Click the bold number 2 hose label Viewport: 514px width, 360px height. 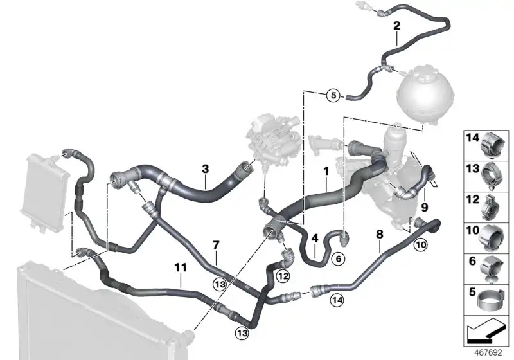tap(396, 26)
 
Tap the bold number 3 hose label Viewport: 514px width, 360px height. tap(205, 169)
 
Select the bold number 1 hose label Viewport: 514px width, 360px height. tap(326, 171)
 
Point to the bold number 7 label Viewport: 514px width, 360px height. tap(216, 245)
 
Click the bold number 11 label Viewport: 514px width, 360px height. tap(181, 267)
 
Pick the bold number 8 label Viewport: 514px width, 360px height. tap(380, 235)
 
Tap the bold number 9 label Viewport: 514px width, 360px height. tap(425, 207)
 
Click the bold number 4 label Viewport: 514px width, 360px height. tap(315, 239)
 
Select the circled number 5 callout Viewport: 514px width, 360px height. tap(333, 95)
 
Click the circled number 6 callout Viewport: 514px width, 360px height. tap(339, 259)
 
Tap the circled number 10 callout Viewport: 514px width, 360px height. tap(421, 244)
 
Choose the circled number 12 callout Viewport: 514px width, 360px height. tap(283, 276)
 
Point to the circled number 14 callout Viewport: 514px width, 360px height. tap(337, 300)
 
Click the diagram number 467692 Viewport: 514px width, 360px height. tap(488, 353)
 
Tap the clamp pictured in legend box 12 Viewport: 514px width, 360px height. tap(490, 207)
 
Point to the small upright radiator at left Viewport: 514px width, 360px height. tap(44, 193)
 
